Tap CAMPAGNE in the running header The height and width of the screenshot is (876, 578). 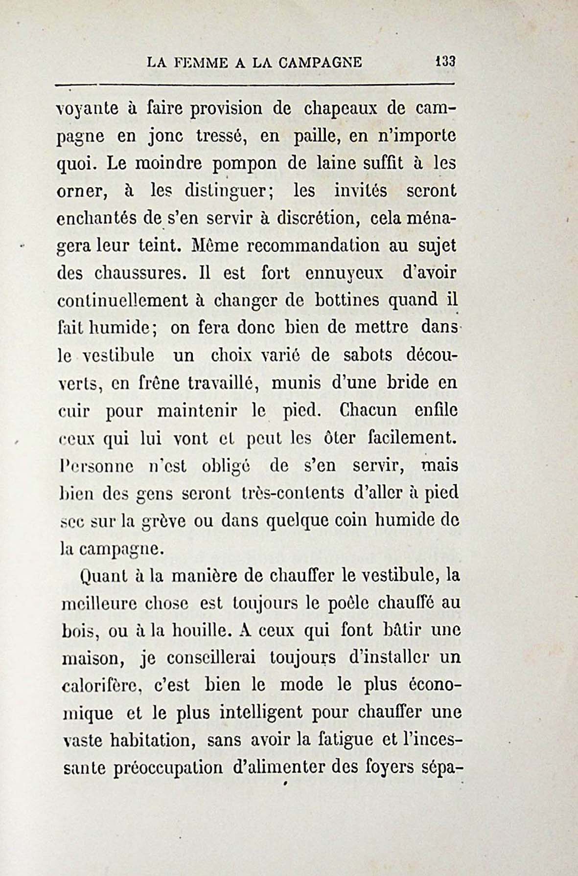coord(321,63)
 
